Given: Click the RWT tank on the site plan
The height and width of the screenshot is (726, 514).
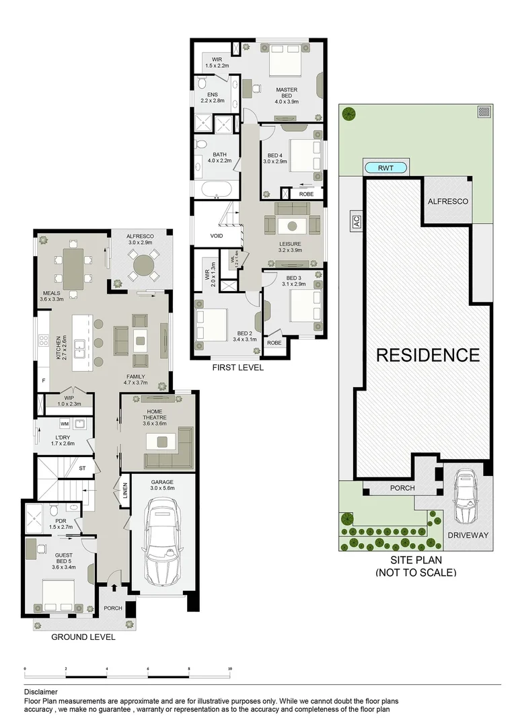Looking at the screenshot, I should (386, 168).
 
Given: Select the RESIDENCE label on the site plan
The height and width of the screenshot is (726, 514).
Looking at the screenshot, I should (427, 355).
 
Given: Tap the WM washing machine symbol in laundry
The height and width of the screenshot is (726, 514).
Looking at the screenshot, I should (65, 424).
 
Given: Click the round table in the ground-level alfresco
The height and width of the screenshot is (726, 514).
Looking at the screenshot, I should (143, 266).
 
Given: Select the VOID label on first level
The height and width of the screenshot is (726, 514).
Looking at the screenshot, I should (217, 236).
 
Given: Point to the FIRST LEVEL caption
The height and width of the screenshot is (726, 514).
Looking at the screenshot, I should (237, 368).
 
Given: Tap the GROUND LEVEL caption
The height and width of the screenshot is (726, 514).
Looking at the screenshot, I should (83, 637).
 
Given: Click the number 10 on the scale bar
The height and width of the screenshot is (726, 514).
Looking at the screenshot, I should (229, 670).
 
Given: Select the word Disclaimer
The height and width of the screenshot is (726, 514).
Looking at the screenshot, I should (40, 691).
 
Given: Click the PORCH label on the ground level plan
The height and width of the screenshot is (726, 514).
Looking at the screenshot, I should (113, 608).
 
